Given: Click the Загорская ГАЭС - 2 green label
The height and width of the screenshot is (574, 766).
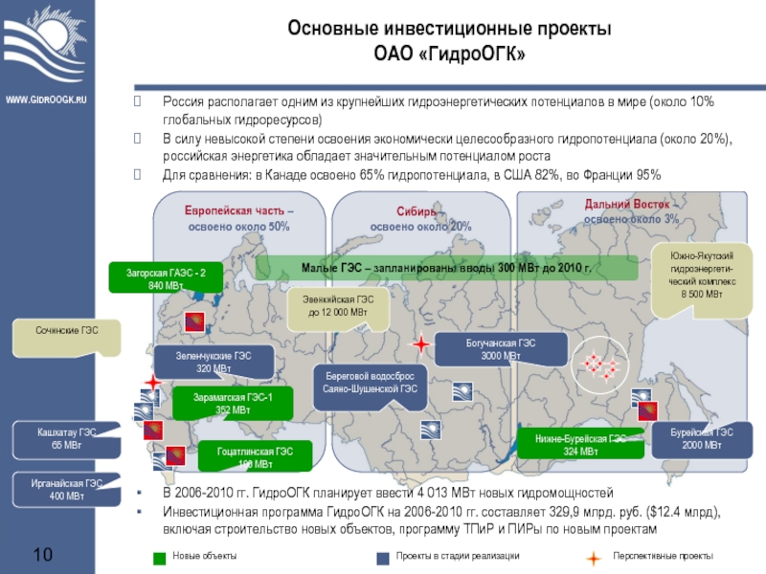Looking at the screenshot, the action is click(x=166, y=278).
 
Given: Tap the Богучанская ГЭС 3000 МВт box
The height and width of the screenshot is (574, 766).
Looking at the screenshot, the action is click(x=480, y=349).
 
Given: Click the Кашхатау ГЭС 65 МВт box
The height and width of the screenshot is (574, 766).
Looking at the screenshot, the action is click(x=65, y=439).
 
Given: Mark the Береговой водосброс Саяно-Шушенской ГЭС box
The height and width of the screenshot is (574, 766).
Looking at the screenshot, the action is click(x=369, y=383).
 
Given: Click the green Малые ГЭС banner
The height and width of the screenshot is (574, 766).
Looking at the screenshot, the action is click(x=446, y=268).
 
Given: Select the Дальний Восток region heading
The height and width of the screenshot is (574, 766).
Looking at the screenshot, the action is click(x=631, y=211).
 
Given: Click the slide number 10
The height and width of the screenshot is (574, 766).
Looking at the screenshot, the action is click(x=43, y=555).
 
